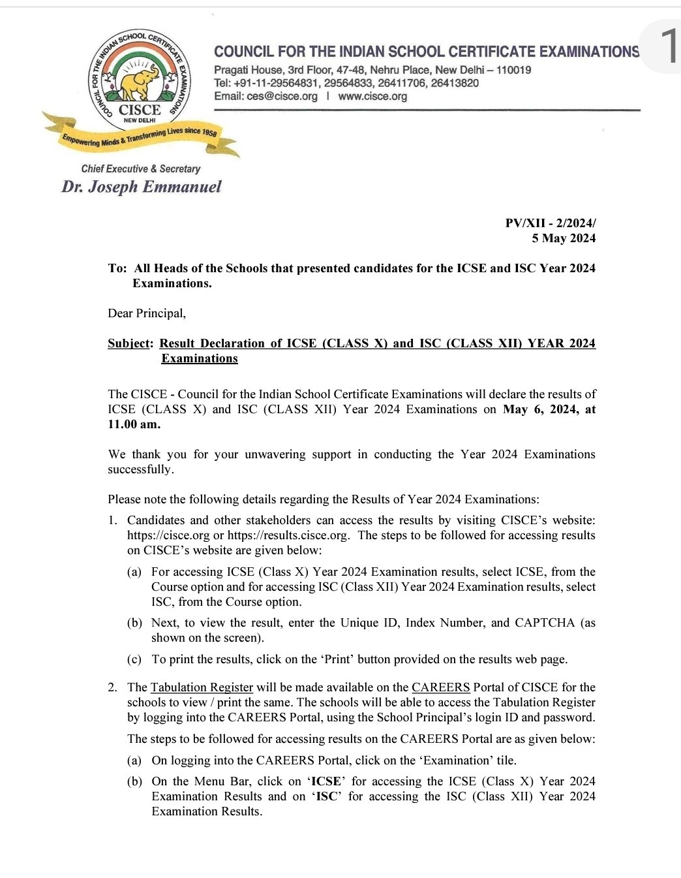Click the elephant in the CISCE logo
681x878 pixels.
pos(140,83)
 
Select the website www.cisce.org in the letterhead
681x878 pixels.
pos(372,96)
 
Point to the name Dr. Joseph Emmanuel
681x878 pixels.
pos(142,187)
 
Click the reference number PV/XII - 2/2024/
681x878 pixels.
pos(550,223)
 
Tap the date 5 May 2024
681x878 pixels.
pos(563,238)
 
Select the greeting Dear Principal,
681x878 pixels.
pos(147,313)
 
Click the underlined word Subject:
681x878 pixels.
pos(130,343)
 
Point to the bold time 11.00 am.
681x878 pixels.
pos(134,424)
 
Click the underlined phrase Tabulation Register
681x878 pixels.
pos(202,687)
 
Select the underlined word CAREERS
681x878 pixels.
pos(441,687)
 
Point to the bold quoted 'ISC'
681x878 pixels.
pos(327,796)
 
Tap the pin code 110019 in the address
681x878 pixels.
pos(513,70)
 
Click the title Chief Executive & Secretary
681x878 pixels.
pos(141,168)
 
